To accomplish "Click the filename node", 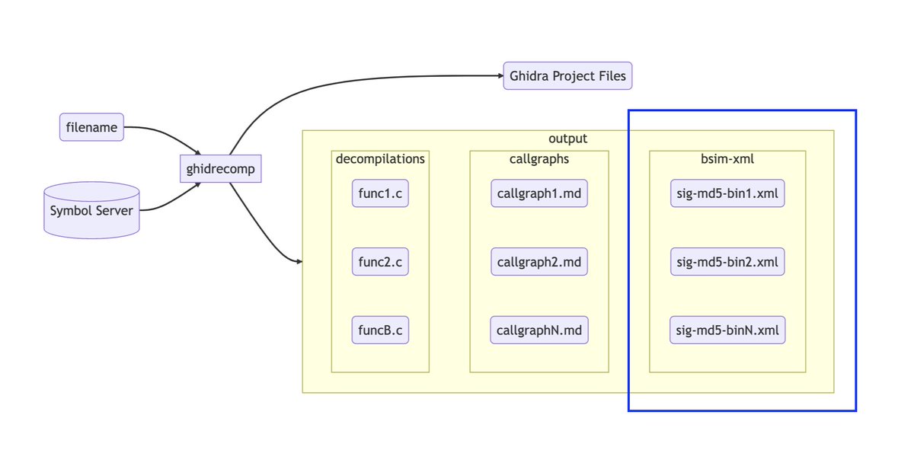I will tap(91, 127).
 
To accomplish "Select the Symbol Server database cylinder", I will tap(91, 210).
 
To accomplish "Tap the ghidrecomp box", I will tap(220, 169).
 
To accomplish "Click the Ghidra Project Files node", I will tap(567, 76).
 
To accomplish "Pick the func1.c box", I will tap(380, 193).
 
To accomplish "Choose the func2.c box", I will tap(380, 262).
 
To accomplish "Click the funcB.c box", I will tap(380, 330).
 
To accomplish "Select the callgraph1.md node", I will tap(539, 193).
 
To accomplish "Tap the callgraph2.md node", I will tap(539, 262).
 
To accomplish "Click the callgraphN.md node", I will tap(539, 330).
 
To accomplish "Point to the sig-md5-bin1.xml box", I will tap(727, 193).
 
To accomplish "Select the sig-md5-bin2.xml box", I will tap(727, 262).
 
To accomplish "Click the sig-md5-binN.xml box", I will tap(727, 330).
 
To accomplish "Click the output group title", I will tap(567, 139).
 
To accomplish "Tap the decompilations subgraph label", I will tap(380, 159).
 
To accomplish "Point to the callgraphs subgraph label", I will tap(539, 159).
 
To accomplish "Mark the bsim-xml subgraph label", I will tap(727, 159).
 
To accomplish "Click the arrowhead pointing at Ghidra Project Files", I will tap(499, 76).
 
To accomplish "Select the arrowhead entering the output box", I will tap(299, 262).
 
